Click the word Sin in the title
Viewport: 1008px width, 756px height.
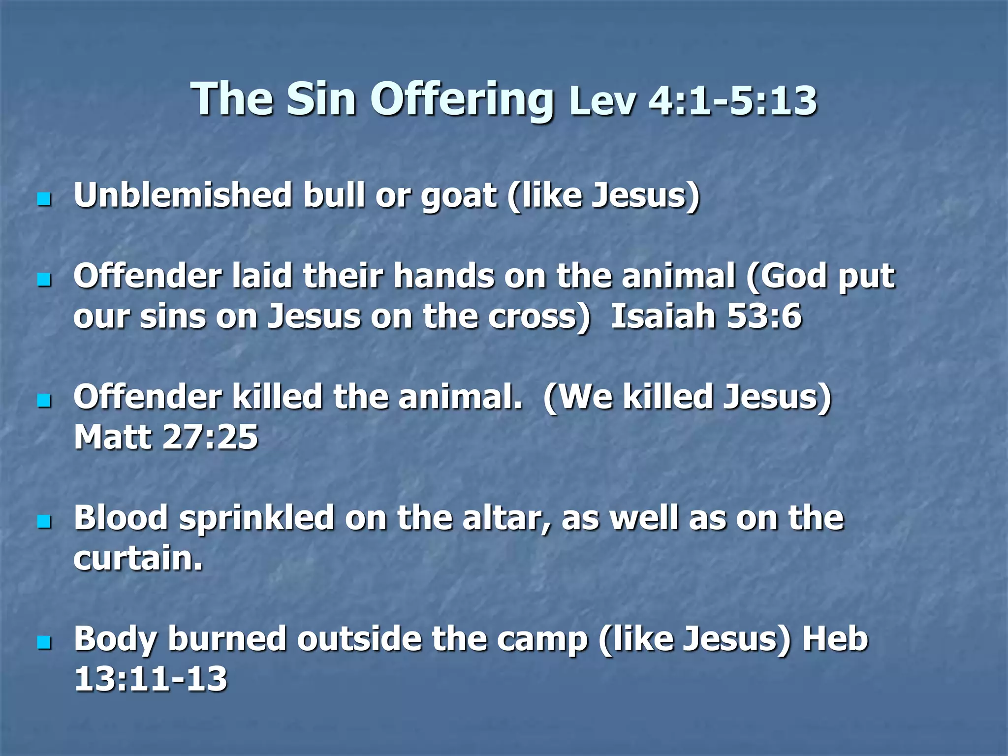[x=321, y=99]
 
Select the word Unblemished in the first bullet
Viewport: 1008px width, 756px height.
[x=183, y=195]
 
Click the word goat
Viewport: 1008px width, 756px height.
[x=458, y=197]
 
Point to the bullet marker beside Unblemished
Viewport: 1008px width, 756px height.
[x=44, y=199]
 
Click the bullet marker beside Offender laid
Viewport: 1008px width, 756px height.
[x=44, y=280]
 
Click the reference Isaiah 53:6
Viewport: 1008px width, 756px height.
[x=706, y=316]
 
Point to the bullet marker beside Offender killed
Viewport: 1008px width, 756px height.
[x=44, y=401]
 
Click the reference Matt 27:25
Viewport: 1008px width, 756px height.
[x=166, y=437]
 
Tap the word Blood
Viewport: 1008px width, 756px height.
[x=121, y=518]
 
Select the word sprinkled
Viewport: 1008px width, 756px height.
[x=256, y=519]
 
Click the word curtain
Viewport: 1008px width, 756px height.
[x=138, y=558]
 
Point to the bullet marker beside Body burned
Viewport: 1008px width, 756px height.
[x=44, y=642]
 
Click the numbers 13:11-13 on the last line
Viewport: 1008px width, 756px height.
[x=151, y=679]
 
